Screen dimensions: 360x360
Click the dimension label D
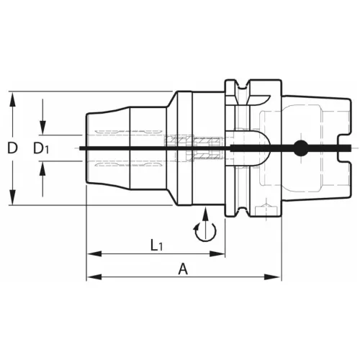[x=12, y=149]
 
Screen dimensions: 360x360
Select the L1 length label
[x=157, y=245]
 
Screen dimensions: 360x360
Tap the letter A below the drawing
[x=183, y=269]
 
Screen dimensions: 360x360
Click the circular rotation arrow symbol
[x=204, y=231]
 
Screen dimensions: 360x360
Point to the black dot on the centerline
[x=300, y=149]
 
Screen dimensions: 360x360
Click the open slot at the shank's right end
[x=343, y=149]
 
